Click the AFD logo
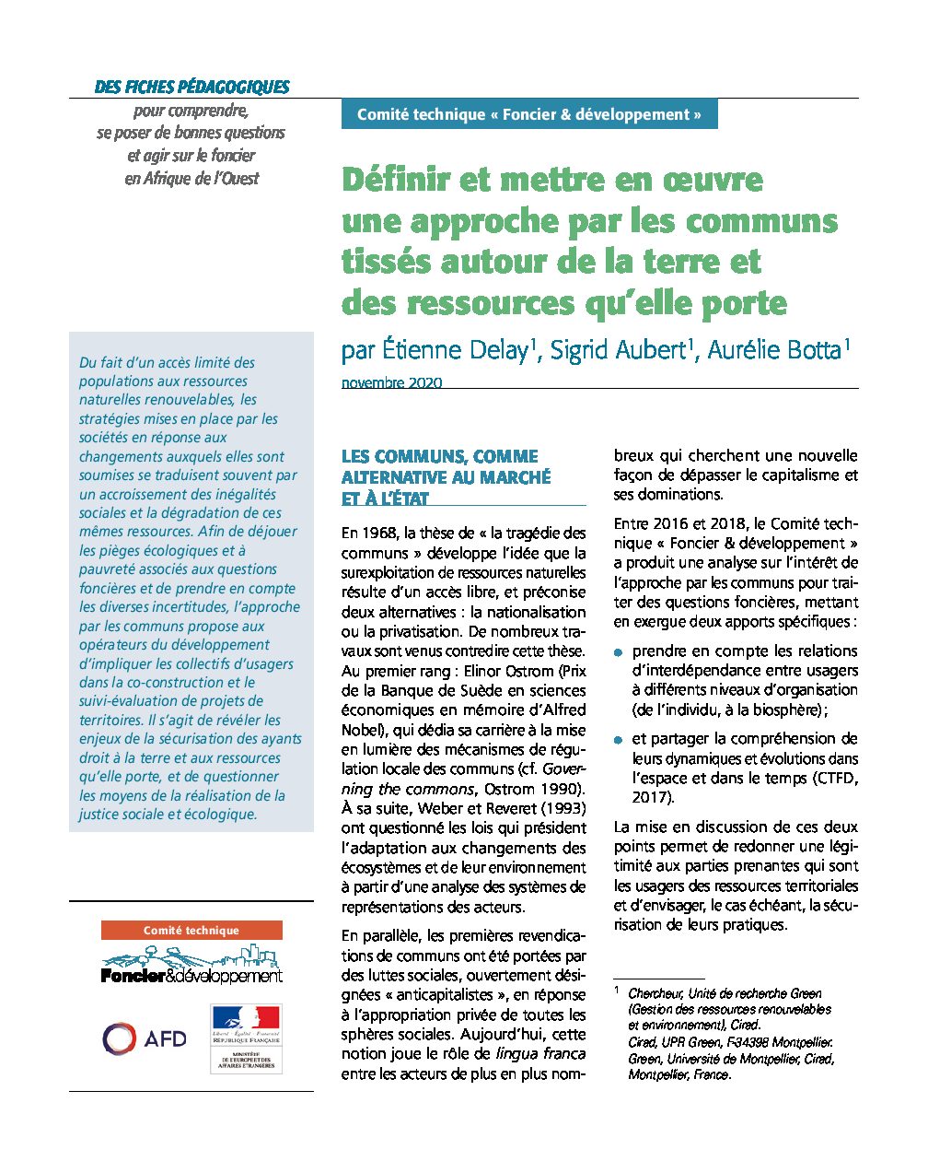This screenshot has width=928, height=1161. (145, 1038)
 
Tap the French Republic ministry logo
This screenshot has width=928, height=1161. (245, 1038)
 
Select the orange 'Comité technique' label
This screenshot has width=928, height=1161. (191, 931)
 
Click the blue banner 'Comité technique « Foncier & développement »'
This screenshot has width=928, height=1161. (528, 114)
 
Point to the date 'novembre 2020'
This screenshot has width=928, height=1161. (391, 382)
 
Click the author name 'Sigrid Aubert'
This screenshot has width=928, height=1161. (618, 350)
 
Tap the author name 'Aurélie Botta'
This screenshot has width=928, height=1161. (773, 350)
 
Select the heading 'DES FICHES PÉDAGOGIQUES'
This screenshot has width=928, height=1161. (192, 88)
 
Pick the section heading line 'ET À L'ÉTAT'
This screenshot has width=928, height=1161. (385, 498)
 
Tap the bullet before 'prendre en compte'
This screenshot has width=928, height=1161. (619, 652)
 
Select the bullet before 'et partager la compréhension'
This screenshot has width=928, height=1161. (619, 740)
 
